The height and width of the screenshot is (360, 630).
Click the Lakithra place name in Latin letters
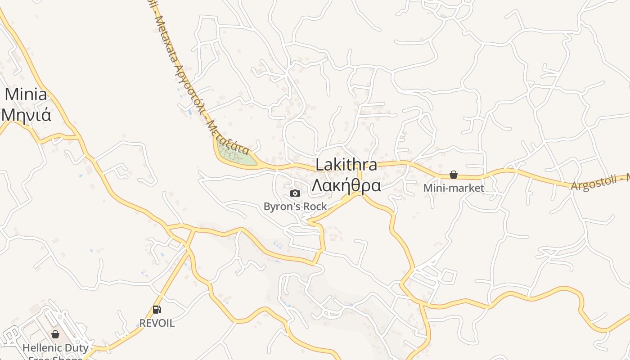point(346,165)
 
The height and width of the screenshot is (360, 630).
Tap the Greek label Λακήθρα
point(346,185)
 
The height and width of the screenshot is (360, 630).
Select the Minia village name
point(26,94)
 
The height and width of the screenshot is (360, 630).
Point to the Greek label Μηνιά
point(26,115)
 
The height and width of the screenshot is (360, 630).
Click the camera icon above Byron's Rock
point(295,193)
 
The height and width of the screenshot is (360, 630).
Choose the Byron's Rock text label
point(295,207)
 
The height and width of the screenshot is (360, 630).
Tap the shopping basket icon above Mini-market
point(454,175)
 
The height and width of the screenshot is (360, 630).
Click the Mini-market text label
point(454,188)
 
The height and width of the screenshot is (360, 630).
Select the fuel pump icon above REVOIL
point(157,310)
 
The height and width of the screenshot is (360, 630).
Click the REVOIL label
point(157,323)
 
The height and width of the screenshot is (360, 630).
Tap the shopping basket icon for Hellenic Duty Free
point(55,334)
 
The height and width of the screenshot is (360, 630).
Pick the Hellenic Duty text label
point(55,348)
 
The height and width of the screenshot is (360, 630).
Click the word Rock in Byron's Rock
point(315,207)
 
